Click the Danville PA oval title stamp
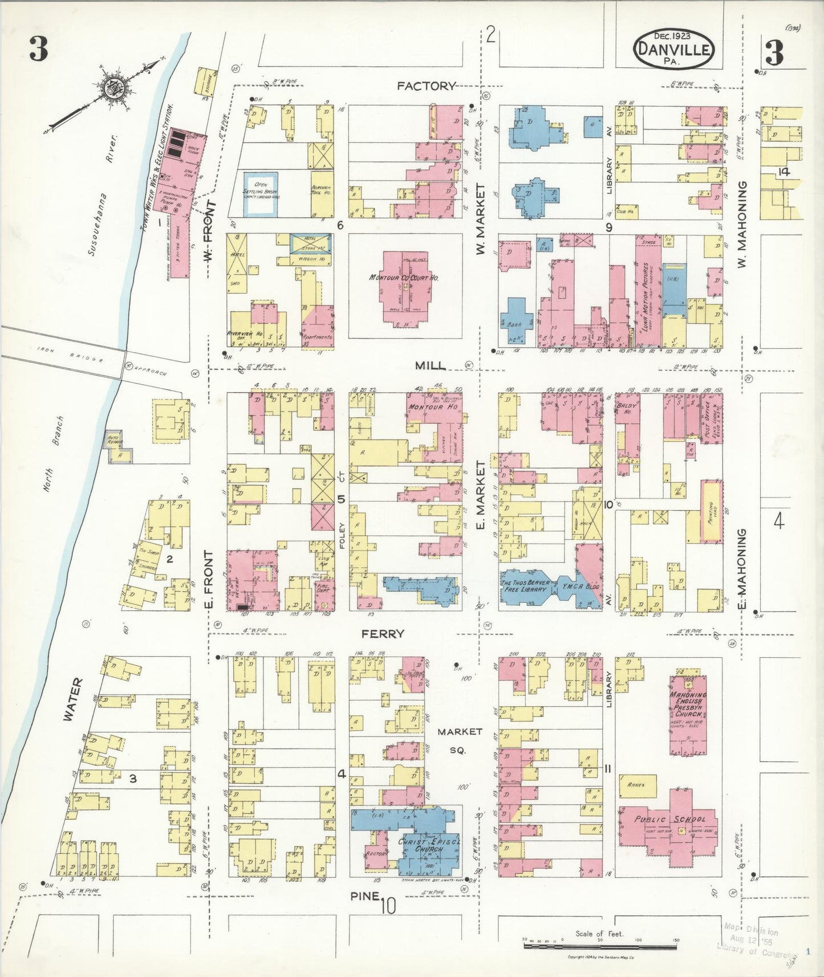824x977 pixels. click(x=673, y=50)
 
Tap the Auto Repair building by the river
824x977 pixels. click(x=120, y=446)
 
